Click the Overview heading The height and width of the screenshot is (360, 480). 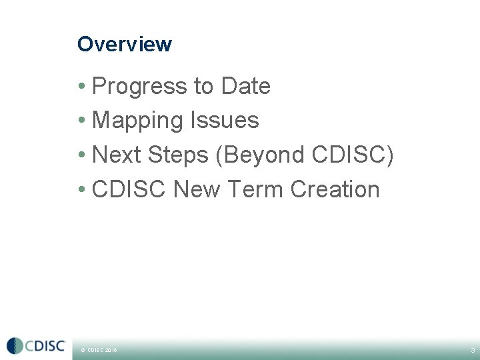tap(125, 44)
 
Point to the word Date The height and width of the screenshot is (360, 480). tap(245, 87)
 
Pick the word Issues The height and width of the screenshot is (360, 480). tap(225, 121)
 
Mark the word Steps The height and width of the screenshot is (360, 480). tap(178, 155)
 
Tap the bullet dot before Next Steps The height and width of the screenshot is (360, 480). tap(81, 155)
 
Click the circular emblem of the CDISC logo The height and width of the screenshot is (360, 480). tap(15, 346)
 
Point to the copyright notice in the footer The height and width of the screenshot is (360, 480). tap(99, 350)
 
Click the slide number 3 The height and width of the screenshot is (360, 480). tap(472, 350)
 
